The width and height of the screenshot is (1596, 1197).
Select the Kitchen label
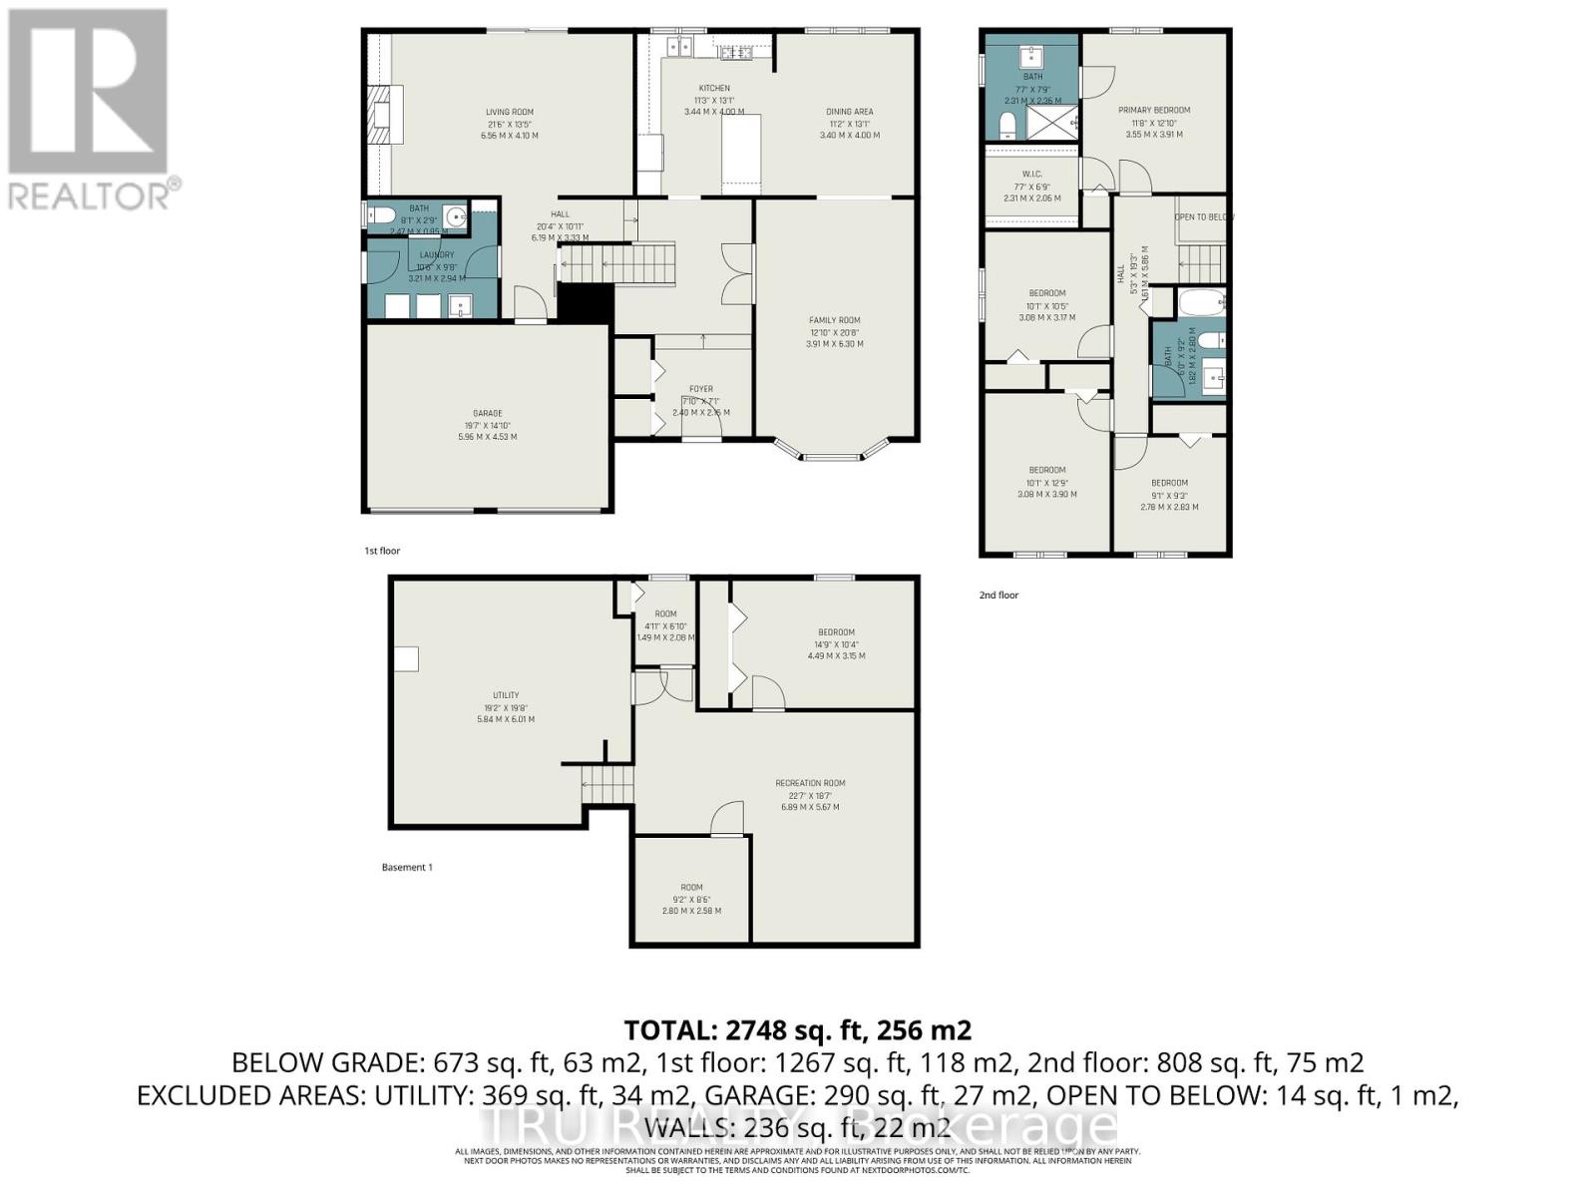714,89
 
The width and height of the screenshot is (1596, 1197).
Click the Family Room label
834,321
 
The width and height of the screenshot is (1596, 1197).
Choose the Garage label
487,414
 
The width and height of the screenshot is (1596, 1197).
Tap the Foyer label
700,390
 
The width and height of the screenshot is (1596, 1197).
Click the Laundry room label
437,255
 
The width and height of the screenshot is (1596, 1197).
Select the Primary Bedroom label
1153,111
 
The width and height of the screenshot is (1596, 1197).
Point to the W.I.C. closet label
1031,175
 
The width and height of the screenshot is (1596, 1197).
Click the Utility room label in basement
505,696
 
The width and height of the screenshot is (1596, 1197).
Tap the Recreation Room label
810,784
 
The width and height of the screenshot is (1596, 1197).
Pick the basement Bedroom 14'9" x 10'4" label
836,632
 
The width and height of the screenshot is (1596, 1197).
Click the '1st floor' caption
382,551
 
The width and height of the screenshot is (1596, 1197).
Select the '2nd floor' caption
998,596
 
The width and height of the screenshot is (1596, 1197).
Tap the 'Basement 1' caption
407,868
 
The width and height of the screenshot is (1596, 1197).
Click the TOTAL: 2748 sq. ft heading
797,1029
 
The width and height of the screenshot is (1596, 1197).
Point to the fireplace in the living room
384,116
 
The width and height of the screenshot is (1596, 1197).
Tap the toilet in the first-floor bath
380,215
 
